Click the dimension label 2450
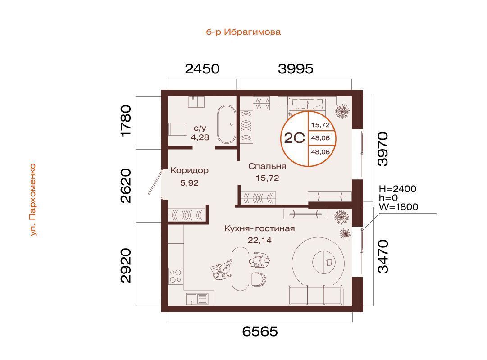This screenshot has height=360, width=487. click(x=202, y=69)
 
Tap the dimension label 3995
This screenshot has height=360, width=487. click(x=296, y=69)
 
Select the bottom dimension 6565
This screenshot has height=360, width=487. click(x=260, y=332)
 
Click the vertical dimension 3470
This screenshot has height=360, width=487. click(x=383, y=256)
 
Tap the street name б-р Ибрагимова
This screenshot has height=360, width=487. click(x=243, y=32)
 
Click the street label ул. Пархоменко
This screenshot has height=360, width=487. click(x=33, y=200)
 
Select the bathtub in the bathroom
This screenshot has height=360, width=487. click(x=226, y=124)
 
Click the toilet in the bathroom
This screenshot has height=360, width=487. click(x=178, y=129)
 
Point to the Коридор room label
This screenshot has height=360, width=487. click(x=190, y=170)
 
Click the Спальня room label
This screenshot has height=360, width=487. click(x=267, y=167)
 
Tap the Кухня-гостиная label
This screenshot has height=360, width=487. click(x=259, y=228)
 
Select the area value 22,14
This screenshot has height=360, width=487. click(x=259, y=240)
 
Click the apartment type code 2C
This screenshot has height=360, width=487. click(x=295, y=138)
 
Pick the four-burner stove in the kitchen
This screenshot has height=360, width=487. click(x=176, y=277)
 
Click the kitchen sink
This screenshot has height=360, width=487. click(x=197, y=299)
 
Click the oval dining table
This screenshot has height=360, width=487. click(x=241, y=269)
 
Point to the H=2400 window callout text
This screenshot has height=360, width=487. click(x=397, y=189)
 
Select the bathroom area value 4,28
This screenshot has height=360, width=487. click(x=200, y=137)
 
